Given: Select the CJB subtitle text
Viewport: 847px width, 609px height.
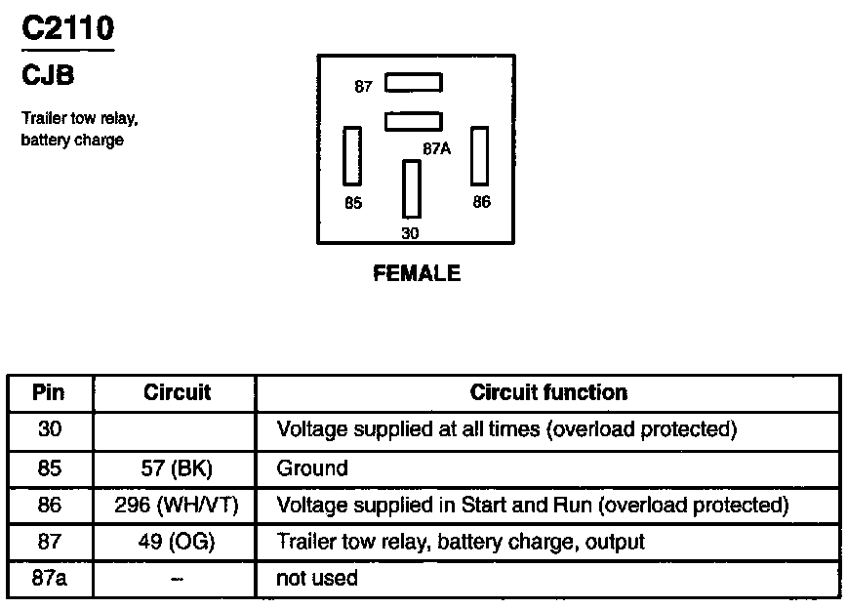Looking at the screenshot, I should [x=48, y=74].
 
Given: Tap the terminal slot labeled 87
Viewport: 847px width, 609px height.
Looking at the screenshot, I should [x=414, y=83].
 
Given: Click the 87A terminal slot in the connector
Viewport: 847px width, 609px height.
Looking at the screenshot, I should [x=414, y=121].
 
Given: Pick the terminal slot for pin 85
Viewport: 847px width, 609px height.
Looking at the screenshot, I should [x=351, y=155].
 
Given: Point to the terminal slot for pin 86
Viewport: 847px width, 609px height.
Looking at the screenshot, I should [x=479, y=155].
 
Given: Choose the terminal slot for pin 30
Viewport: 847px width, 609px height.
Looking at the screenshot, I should [x=411, y=189].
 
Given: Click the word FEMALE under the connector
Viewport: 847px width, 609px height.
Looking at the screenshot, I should [x=417, y=274].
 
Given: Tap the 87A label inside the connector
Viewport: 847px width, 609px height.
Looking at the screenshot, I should [x=436, y=149].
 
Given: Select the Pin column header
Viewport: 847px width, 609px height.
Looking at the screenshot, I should [x=49, y=392].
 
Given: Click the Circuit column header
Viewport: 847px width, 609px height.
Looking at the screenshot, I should [x=177, y=392].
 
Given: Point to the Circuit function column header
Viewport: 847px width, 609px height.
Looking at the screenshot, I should [x=548, y=392].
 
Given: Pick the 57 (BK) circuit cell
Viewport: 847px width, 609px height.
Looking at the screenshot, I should [x=177, y=468].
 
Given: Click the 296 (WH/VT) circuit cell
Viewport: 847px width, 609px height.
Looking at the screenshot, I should [x=177, y=506].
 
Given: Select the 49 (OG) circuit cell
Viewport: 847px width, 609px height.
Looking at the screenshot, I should [x=177, y=542].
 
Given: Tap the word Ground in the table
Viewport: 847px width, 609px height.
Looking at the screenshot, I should [x=312, y=468].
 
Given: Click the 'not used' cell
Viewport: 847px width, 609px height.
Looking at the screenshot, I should [x=317, y=578].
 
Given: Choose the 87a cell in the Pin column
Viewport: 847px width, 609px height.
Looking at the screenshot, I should [x=49, y=578].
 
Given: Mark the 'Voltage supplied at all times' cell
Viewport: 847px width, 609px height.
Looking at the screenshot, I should [x=505, y=429].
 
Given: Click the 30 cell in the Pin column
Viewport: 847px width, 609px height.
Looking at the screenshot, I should [x=49, y=429].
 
